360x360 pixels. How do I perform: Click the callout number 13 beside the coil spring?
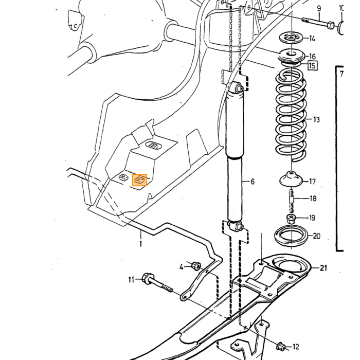(316, 119)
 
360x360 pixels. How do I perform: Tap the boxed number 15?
(312, 65)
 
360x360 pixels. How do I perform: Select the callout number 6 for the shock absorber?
(253, 182)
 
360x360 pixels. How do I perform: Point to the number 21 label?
(323, 268)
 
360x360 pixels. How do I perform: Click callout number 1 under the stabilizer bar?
(140, 243)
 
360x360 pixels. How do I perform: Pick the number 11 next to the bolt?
(131, 280)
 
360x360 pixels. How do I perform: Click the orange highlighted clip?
(139, 180)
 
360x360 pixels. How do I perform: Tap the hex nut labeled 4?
(196, 266)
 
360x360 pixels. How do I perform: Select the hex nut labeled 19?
(291, 219)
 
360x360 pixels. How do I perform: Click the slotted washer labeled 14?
(291, 38)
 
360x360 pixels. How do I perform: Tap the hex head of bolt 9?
(331, 25)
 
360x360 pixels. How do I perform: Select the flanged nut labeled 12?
(281, 346)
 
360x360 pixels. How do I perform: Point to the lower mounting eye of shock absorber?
(236, 226)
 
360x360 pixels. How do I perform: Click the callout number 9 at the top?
(319, 9)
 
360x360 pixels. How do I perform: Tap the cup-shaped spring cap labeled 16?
(292, 56)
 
